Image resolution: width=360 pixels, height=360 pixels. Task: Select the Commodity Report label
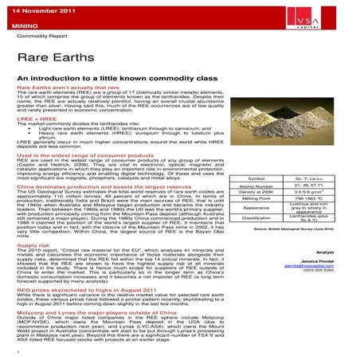(42, 37)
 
